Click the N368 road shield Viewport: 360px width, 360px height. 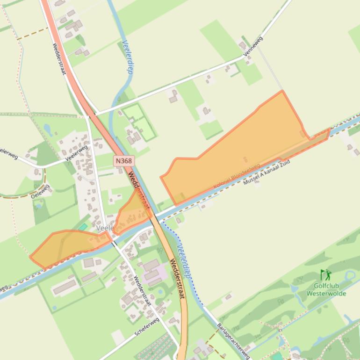pyautogui.click(x=124, y=161)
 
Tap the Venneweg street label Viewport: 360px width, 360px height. pyautogui.click(x=253, y=46)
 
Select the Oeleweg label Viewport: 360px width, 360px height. pyautogui.click(x=41, y=191)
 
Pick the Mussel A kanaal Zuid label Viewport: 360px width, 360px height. pyautogui.click(x=266, y=173)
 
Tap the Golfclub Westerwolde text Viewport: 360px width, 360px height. pyautogui.click(x=326, y=289)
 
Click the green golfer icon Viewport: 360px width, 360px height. pyautogui.click(x=325, y=275)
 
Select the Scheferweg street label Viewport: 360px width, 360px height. pyautogui.click(x=147, y=327)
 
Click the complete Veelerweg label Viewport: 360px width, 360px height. pyautogui.click(x=77, y=153)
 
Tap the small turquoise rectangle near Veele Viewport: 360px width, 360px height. pyautogui.click(x=83, y=227)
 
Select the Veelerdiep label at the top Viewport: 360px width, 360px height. pyautogui.click(x=127, y=57)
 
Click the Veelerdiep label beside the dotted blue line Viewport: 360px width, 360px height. pyautogui.click(x=184, y=262)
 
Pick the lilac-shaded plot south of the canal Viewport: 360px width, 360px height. pyautogui.click(x=158, y=272)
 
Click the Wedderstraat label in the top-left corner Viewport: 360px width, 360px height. pyautogui.click(x=59, y=59)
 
